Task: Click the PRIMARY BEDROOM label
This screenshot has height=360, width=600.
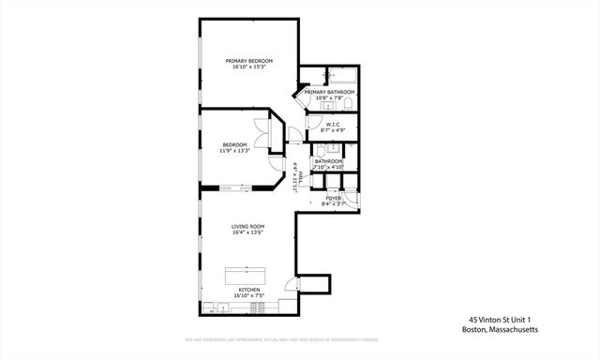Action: pyautogui.click(x=247, y=61)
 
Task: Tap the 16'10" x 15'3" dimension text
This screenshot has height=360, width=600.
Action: pyautogui.click(x=247, y=67)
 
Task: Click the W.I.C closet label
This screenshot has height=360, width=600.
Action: pyautogui.click(x=333, y=123)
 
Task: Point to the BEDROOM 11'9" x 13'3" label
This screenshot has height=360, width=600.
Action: pyautogui.click(x=234, y=147)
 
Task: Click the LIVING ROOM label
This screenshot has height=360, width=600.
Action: pyautogui.click(x=248, y=226)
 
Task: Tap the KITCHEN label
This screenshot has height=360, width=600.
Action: pyautogui.click(x=248, y=290)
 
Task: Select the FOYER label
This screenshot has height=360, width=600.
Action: pyautogui.click(x=333, y=199)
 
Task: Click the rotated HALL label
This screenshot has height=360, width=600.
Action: pyautogui.click(x=296, y=176)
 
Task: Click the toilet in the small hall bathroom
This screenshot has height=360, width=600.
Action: pyautogui.click(x=322, y=150)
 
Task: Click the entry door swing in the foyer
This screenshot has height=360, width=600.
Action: pyautogui.click(x=351, y=205)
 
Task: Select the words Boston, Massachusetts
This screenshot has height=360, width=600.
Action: pyautogui.click(x=501, y=329)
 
